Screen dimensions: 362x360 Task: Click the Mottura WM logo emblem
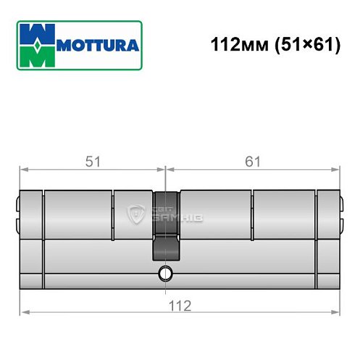pyautogui.click(x=37, y=45)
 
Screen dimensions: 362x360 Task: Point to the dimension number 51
pyautogui.click(x=92, y=163)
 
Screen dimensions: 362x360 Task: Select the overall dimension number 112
pyautogui.click(x=179, y=305)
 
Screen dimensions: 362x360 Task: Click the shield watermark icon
pyautogui.click(x=135, y=214)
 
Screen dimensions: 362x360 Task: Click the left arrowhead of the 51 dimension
pyautogui.click(x=22, y=171)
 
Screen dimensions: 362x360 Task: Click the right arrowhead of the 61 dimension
pyautogui.click(x=337, y=171)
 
